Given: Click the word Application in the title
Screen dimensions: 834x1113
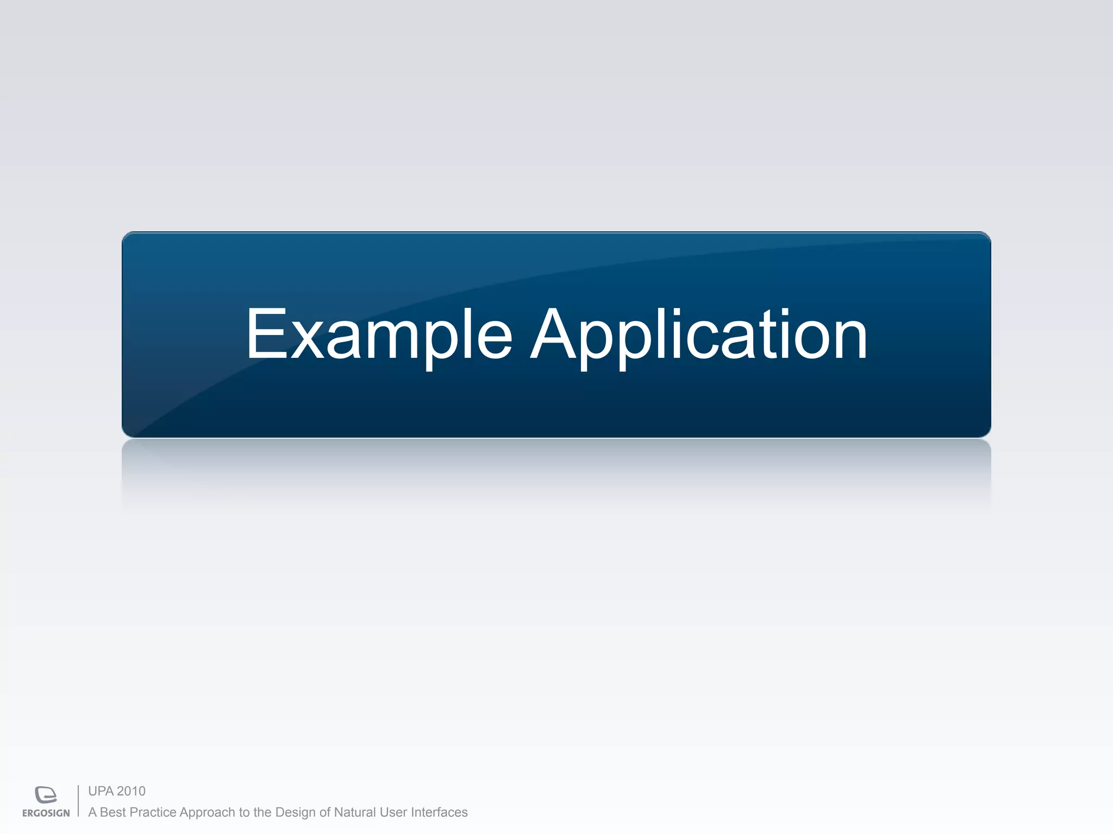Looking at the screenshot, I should pos(698,334).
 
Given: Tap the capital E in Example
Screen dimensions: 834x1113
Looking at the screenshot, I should pos(266,333).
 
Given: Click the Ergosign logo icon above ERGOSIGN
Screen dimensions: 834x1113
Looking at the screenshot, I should pos(46,794).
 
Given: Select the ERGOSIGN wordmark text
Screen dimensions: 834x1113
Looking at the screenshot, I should pos(46,813).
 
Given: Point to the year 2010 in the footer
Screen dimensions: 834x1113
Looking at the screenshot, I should pos(132,791).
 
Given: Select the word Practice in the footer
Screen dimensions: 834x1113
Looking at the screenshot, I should pos(153,812).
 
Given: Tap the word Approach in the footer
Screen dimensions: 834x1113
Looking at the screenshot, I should pos(207,813).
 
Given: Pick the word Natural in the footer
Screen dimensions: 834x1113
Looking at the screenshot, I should pos(355,812).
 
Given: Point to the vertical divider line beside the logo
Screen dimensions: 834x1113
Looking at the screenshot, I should pos(78,801).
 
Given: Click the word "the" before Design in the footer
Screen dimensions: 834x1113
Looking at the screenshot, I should pos(262,812).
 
